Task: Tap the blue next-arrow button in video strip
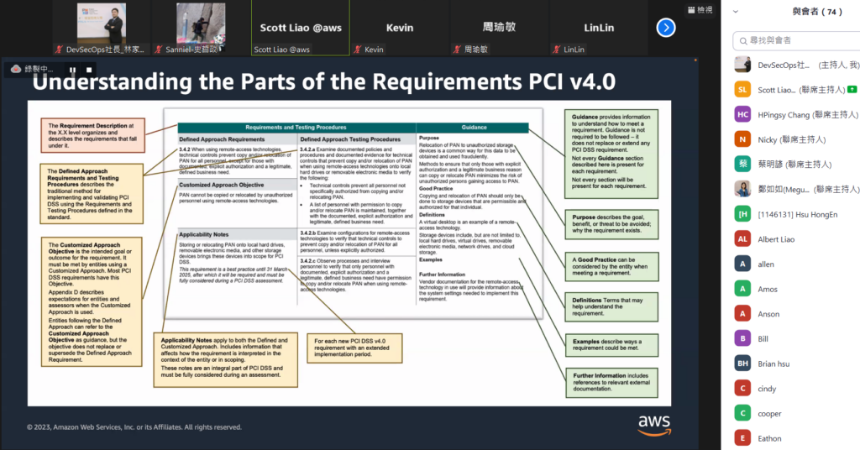point(666,28)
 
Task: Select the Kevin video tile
point(400,29)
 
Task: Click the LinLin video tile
point(599,29)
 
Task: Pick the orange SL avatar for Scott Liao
point(742,90)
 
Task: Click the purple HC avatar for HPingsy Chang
point(742,114)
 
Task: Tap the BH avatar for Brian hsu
point(742,364)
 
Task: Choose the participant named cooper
point(769,413)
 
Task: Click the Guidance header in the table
point(473,128)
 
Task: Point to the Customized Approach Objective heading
point(221,185)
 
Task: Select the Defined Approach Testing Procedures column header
point(350,139)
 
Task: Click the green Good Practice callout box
point(611,265)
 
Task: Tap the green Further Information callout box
point(611,380)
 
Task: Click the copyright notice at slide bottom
point(134,426)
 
